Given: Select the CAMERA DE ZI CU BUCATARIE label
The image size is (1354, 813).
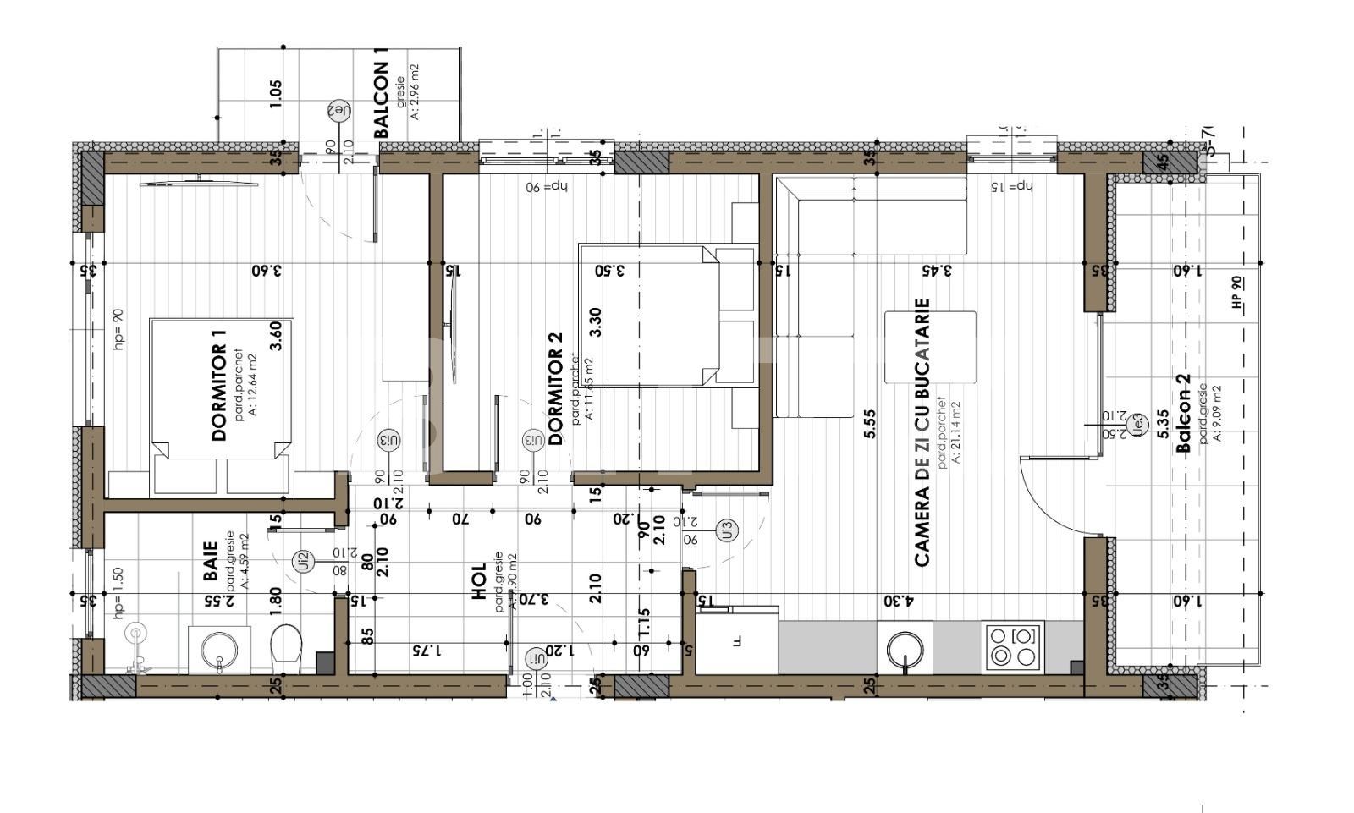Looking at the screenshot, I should (922, 431).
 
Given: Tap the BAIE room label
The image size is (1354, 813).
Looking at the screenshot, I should (212, 561).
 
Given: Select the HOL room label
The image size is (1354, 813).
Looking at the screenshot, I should (480, 581).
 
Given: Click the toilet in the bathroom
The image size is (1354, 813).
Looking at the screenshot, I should (286, 648).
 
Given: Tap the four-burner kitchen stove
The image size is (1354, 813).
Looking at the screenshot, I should (1013, 645).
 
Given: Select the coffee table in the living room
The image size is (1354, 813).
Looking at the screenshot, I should (930, 348).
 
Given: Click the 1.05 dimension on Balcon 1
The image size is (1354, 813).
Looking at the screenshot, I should (274, 93).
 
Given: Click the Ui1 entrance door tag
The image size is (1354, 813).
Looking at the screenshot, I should (536, 658).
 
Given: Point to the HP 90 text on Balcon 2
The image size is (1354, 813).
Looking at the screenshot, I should (1237, 291).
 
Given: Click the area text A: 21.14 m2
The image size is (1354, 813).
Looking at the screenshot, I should (955, 432).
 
